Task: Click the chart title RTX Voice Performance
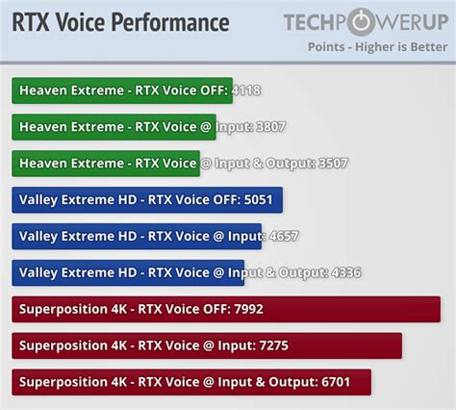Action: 120,22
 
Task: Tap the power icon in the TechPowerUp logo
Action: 361,22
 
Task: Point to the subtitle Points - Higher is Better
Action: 377,47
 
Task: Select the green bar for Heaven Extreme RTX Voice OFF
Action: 122,90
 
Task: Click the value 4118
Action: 246,90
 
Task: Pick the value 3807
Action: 270,127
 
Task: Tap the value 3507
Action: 333,164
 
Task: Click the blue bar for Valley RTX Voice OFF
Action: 147,200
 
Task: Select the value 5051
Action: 258,200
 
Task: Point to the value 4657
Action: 284,237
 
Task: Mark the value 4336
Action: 346,272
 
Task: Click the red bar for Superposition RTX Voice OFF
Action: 226,309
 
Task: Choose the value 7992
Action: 248,309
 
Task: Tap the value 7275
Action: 273,346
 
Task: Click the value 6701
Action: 336,382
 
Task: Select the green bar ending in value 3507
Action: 106,164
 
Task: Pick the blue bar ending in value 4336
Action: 128,272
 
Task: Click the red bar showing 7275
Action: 207,346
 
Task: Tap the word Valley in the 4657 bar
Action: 38,237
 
